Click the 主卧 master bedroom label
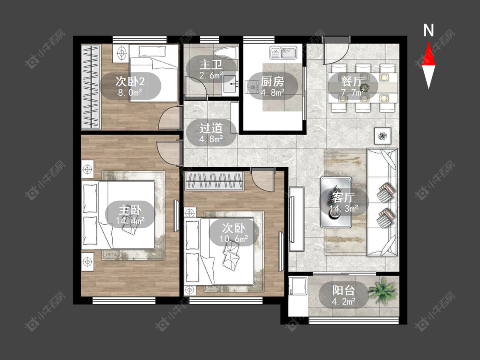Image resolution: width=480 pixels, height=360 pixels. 130,210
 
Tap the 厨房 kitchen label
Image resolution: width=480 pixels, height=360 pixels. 273,82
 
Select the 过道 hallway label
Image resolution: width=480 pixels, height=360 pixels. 211,128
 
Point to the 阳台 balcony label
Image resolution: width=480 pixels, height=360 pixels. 343,290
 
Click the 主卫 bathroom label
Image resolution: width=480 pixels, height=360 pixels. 211,65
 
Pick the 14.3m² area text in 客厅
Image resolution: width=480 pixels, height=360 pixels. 344,209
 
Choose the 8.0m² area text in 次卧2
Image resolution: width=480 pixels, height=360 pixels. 130,92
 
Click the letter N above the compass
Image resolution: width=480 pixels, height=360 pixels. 428,30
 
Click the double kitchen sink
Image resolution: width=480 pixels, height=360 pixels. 283,52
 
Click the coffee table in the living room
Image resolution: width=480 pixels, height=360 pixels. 336,202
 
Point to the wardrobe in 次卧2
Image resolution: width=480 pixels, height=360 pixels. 91,87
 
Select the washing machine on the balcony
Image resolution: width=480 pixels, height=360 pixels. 299,286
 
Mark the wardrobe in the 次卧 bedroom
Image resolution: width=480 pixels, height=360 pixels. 214,181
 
